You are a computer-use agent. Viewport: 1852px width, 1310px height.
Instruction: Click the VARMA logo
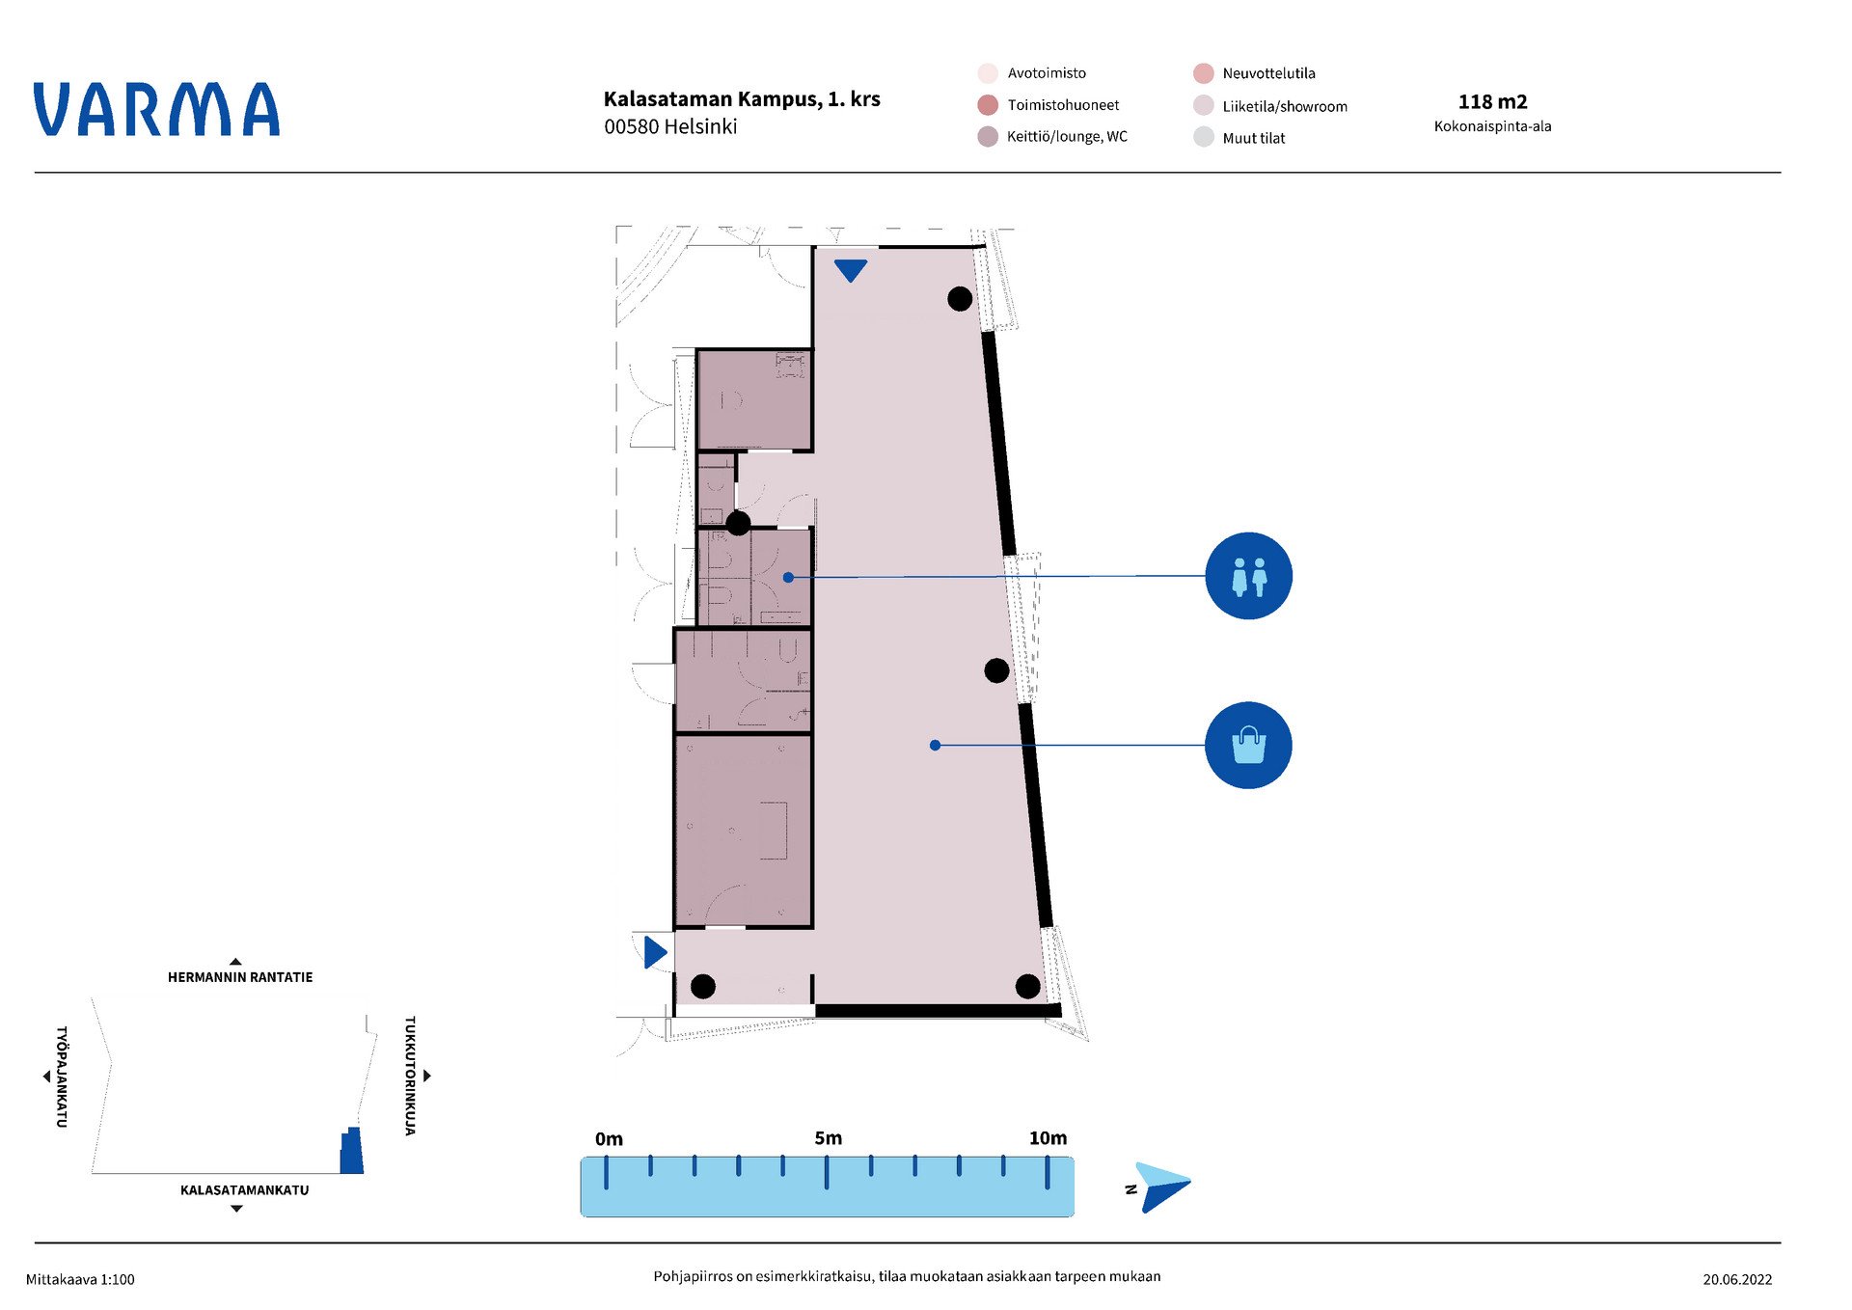point(156,109)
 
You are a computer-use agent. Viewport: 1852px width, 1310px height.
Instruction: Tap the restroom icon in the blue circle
point(1248,576)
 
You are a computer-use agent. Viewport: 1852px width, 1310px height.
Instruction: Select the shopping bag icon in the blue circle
point(1248,745)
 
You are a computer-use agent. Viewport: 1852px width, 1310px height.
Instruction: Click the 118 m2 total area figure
point(1492,101)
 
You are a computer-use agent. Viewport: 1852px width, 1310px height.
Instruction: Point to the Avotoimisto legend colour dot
point(988,73)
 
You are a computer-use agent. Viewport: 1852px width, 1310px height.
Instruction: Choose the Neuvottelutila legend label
point(1268,73)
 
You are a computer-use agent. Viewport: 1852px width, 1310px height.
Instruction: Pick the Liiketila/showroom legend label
point(1285,106)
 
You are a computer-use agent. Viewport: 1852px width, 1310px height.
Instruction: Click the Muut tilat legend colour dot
point(1204,137)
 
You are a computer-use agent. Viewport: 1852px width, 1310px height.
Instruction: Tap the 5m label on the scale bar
point(828,1138)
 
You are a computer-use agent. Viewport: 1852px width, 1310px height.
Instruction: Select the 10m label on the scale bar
point(1048,1138)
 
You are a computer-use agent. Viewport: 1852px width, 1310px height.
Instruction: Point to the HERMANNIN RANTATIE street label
point(240,977)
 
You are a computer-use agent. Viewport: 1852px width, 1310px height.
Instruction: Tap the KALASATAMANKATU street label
point(244,1190)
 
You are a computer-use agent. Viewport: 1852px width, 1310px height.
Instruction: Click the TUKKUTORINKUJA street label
point(410,1075)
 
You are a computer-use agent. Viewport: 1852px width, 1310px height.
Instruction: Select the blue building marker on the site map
point(352,1151)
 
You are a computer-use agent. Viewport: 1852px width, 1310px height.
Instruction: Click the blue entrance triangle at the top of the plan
point(850,270)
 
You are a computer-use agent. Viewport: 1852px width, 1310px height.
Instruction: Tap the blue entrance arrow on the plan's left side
point(656,952)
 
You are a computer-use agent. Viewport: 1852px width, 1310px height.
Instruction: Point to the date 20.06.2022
point(1737,1279)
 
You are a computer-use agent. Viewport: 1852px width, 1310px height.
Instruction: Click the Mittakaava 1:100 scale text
point(80,1279)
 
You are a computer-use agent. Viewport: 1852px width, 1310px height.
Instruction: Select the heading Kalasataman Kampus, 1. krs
point(742,99)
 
